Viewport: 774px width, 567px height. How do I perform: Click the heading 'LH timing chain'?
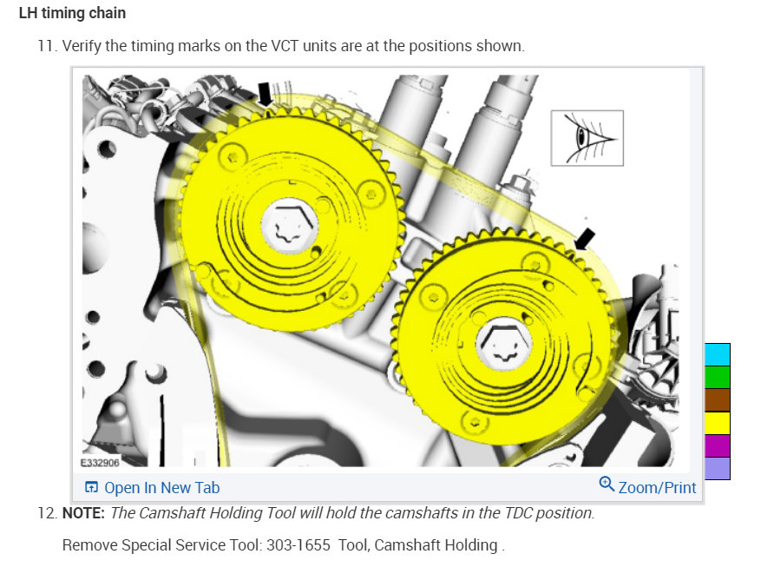pyautogui.click(x=72, y=13)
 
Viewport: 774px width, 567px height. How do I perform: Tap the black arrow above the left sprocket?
pyautogui.click(x=265, y=94)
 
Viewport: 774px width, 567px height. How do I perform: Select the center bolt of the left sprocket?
pyautogui.click(x=286, y=225)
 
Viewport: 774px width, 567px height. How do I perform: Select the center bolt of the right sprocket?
pyautogui.click(x=502, y=343)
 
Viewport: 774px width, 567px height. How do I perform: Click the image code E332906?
pyautogui.click(x=101, y=463)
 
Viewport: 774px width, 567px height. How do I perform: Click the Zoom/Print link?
pyautogui.click(x=647, y=486)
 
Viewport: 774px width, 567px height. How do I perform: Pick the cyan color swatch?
pyautogui.click(x=718, y=354)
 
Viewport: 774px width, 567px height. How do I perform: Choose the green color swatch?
pyautogui.click(x=718, y=377)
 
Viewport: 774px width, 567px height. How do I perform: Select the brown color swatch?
pyautogui.click(x=718, y=399)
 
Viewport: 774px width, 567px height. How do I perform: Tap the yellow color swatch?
pyautogui.click(x=718, y=423)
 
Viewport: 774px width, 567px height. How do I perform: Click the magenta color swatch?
pyautogui.click(x=718, y=445)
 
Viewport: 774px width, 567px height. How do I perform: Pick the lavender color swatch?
pyautogui.click(x=718, y=468)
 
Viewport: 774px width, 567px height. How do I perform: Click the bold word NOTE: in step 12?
pyautogui.click(x=83, y=513)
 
